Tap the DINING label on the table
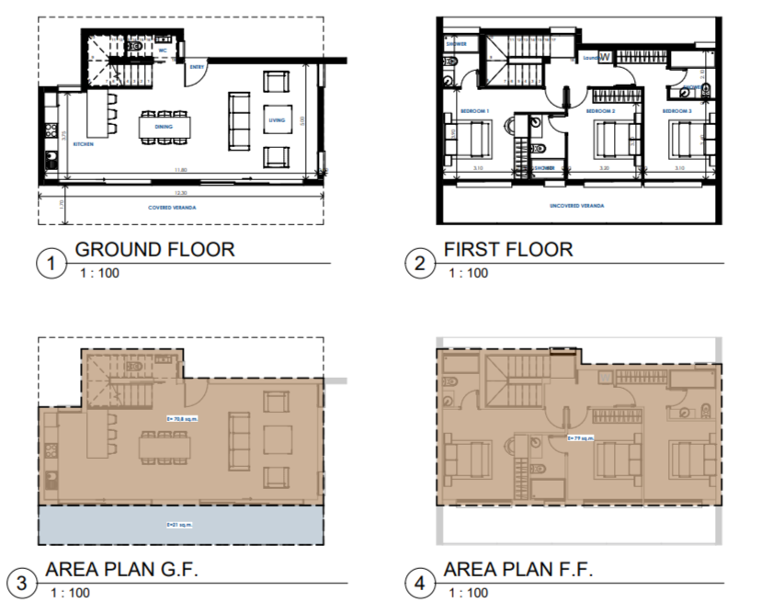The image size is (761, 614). (165, 126)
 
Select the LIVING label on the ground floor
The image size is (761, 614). (276, 120)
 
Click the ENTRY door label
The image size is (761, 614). (197, 66)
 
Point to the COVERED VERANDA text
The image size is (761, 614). (174, 208)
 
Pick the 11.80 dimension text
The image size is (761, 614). (180, 170)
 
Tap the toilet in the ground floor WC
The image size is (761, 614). (134, 44)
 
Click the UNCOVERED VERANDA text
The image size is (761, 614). (576, 206)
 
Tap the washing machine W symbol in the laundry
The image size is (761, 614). (605, 56)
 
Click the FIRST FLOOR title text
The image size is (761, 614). (507, 249)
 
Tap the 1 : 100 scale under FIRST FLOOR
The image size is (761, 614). (467, 273)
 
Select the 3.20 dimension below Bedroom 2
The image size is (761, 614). (604, 169)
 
